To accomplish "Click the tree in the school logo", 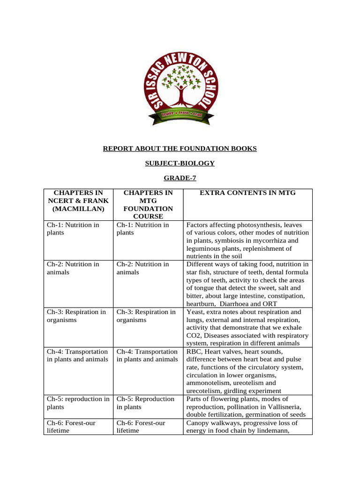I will click(180, 85).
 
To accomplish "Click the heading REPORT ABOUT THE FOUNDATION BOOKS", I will click(180, 149).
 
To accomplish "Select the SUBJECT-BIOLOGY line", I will click(180, 164).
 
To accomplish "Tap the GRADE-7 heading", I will click(180, 178).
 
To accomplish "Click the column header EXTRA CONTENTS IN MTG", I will click(247, 193).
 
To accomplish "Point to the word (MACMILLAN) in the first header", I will click(78, 209).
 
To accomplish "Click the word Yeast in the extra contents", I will click(195, 312).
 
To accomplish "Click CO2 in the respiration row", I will click(192, 336).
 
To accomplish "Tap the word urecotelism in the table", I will click(203, 391).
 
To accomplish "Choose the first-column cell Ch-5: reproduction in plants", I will click(78, 403).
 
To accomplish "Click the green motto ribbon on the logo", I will click(180, 114).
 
